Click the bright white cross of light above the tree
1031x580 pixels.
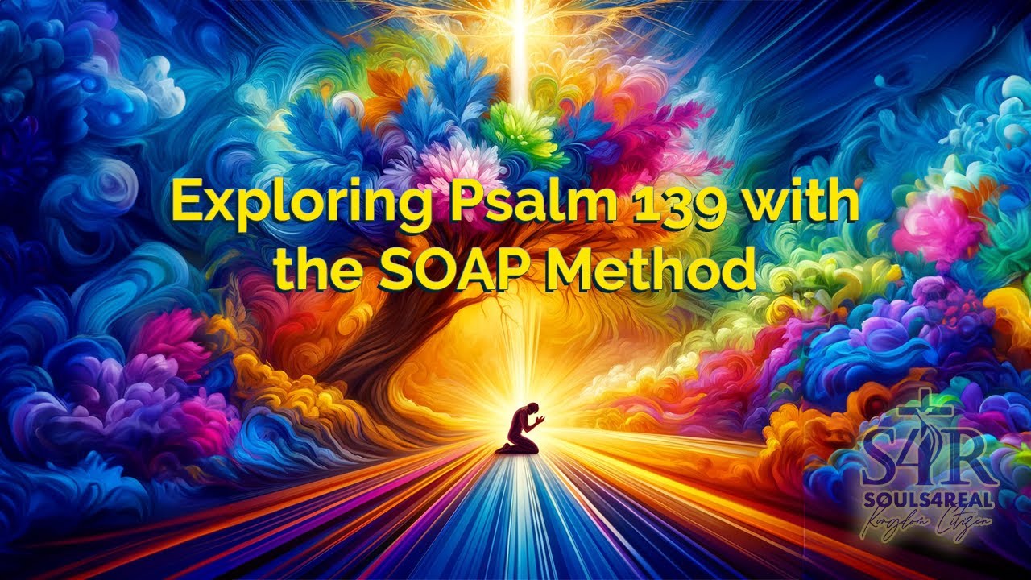pos(516,32)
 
